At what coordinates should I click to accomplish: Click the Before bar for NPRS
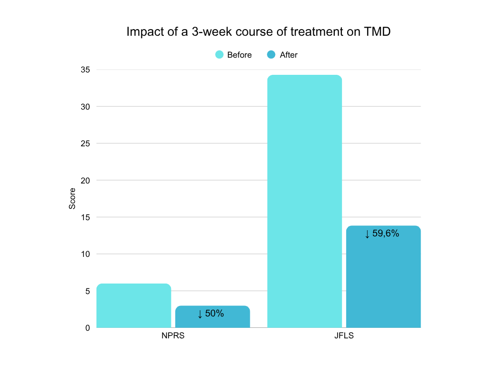(134, 305)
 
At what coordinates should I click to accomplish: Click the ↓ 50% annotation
(211, 314)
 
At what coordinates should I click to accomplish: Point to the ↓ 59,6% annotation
(382, 234)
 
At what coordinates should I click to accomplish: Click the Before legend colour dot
(220, 55)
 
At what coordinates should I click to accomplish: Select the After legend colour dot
(272, 55)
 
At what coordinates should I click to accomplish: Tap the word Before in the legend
(239, 55)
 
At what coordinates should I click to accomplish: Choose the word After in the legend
(288, 55)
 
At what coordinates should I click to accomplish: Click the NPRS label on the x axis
(173, 336)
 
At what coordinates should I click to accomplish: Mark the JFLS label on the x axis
(344, 336)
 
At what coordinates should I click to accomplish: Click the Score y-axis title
(73, 199)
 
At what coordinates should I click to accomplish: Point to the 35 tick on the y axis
(86, 70)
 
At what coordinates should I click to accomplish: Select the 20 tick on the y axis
(86, 180)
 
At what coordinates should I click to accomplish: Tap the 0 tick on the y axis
(88, 328)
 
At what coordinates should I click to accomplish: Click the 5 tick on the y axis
(88, 291)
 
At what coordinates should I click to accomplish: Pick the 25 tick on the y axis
(86, 143)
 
